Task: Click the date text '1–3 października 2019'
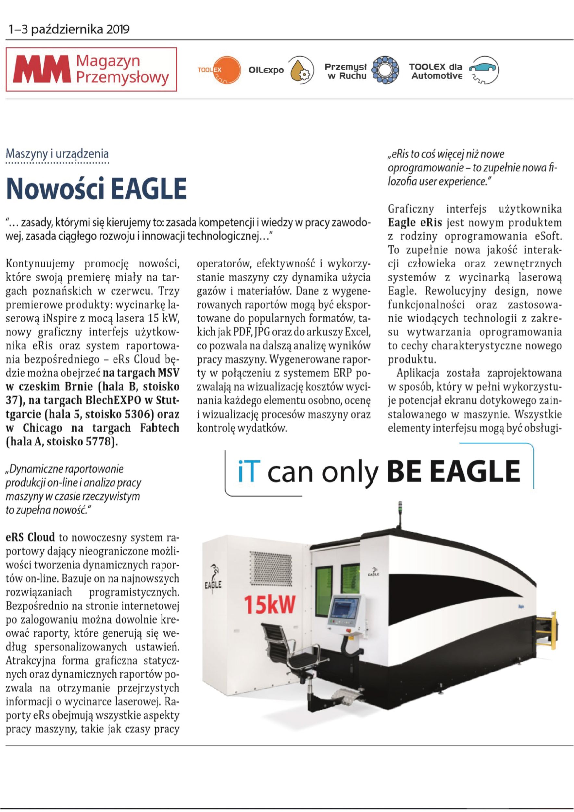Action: coord(69,29)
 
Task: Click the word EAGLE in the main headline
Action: coord(148,189)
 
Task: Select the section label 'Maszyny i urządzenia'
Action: coord(57,154)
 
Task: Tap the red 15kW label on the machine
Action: coord(269,605)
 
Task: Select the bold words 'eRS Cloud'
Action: coord(31,537)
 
